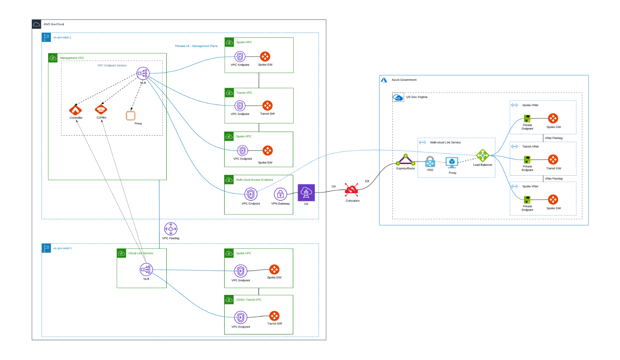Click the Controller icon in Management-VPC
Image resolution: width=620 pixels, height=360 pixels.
75,110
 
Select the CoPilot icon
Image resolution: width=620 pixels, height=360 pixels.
101,109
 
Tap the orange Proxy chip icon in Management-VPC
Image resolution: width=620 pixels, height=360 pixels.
130,116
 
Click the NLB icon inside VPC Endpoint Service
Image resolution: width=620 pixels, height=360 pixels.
142,73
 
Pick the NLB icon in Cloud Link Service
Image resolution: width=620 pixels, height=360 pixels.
146,270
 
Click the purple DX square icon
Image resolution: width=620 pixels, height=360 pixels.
306,193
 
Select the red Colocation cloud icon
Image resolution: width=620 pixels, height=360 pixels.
351,191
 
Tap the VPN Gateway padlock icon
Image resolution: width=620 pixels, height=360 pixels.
280,194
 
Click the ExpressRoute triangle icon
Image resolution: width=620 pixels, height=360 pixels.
405,160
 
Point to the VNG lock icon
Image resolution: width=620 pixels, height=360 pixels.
430,162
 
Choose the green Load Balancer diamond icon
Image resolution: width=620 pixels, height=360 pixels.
482,156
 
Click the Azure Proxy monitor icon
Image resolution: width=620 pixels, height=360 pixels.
452,162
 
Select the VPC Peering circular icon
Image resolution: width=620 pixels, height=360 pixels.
171,229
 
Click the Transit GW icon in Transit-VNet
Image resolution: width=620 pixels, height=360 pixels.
553,160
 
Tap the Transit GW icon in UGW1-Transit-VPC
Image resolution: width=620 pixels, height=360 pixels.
274,316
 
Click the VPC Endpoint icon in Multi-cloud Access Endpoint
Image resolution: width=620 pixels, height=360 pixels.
251,194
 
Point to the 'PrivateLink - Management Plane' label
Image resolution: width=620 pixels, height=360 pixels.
196,46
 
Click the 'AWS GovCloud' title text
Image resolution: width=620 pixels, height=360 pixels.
53,24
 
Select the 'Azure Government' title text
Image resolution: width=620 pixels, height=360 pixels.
404,80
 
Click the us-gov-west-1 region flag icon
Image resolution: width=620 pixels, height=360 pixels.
46,248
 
